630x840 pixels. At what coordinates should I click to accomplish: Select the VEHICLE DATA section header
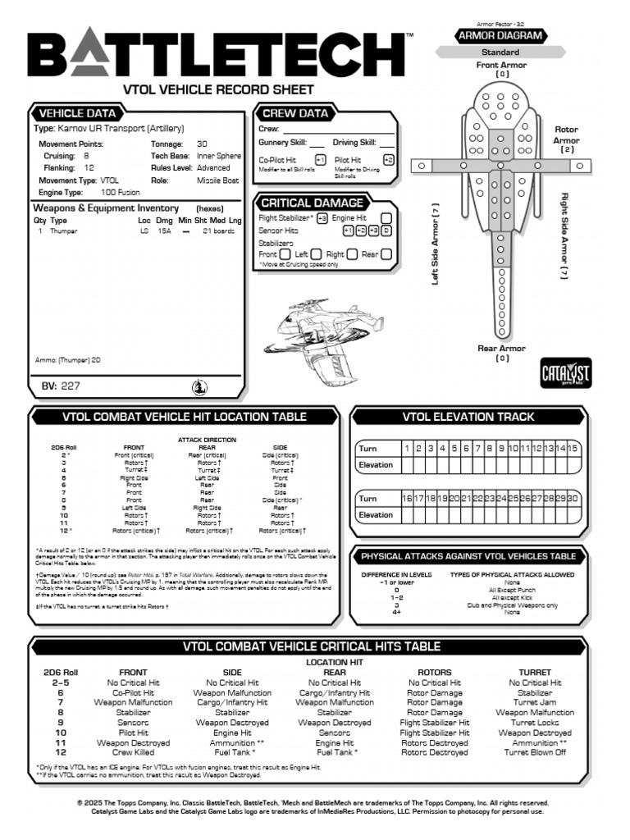coord(78,113)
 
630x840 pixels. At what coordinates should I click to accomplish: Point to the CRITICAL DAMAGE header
coord(311,203)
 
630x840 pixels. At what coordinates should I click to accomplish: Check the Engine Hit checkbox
coord(386,218)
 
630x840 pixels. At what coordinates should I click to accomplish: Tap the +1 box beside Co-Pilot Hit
coord(320,160)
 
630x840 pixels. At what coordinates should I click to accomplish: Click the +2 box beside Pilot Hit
coord(389,160)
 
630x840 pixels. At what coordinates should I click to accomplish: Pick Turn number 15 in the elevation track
coord(573,449)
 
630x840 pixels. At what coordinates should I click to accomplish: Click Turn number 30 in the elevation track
coord(573,499)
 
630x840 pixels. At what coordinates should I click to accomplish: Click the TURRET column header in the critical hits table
coord(535,673)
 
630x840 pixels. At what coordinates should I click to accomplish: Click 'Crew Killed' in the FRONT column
coord(134,752)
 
